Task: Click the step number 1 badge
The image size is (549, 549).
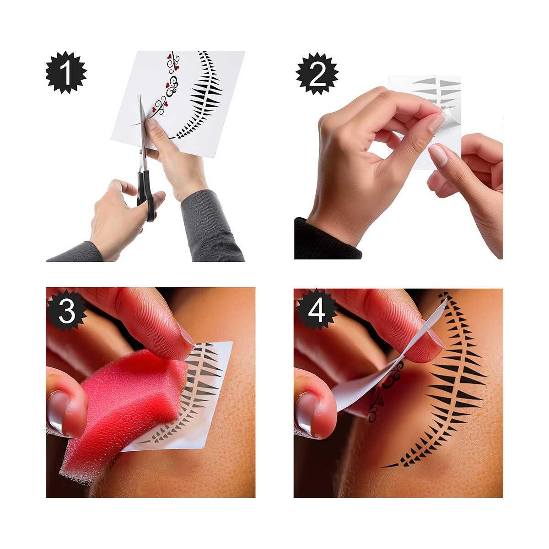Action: click(66, 73)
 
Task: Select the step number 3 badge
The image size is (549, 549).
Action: click(67, 311)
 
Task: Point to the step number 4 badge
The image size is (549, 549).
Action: click(317, 310)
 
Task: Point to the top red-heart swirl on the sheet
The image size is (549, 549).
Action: click(173, 63)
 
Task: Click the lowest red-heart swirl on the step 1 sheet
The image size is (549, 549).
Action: click(160, 107)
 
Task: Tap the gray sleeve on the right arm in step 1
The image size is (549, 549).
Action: click(211, 225)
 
